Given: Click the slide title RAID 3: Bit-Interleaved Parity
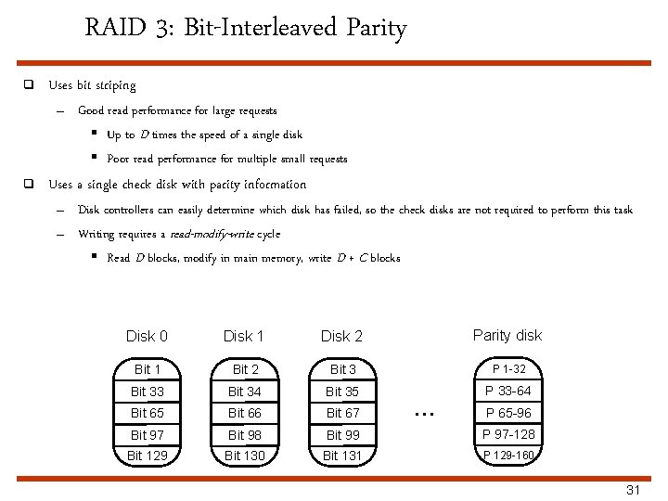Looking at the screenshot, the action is pyautogui.click(x=245, y=28).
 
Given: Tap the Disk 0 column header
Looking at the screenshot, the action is pyautogui.click(x=147, y=336).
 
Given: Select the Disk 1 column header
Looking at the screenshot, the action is pyautogui.click(x=244, y=336).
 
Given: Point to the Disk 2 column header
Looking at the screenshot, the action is pyautogui.click(x=341, y=336).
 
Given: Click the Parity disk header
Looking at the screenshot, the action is pyautogui.click(x=507, y=335).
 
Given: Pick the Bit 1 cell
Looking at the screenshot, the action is pyautogui.click(x=148, y=370).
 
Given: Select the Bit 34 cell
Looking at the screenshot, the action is pyautogui.click(x=245, y=392).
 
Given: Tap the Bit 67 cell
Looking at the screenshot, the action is pyautogui.click(x=342, y=413).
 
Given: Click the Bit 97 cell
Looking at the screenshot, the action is pyautogui.click(x=148, y=434).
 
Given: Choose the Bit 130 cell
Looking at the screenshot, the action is pyautogui.click(x=245, y=456).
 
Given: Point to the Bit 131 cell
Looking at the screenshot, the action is pyautogui.click(x=342, y=456).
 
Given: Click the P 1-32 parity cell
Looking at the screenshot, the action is pyautogui.click(x=508, y=369).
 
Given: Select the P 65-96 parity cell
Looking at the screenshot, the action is pyautogui.click(x=508, y=413).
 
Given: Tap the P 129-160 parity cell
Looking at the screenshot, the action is pyautogui.click(x=508, y=456).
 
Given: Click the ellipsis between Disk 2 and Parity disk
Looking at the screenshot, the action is pyautogui.click(x=425, y=411).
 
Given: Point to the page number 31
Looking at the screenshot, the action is pyautogui.click(x=634, y=490).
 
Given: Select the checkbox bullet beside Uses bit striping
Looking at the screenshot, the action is pyautogui.click(x=29, y=85).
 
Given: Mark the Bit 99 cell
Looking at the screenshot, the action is pyautogui.click(x=342, y=434).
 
